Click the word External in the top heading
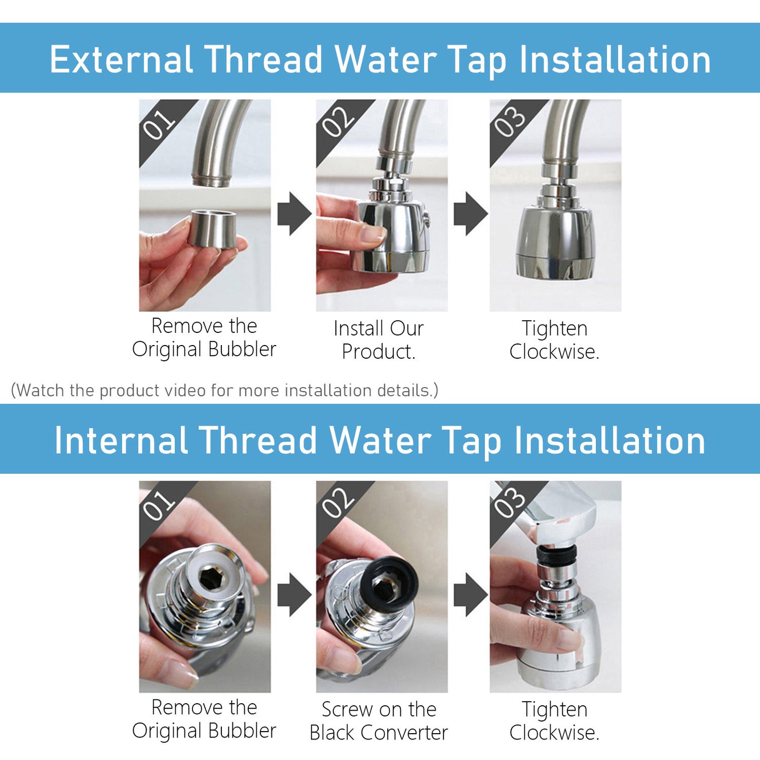(x=121, y=59)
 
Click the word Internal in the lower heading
(x=121, y=440)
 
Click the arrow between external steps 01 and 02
(x=294, y=214)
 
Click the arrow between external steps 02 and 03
(x=470, y=214)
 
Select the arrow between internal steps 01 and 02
(x=294, y=594)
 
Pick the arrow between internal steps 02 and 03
(x=470, y=594)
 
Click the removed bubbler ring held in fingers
(x=212, y=229)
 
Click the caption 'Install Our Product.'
(x=379, y=340)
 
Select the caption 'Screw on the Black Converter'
(x=379, y=721)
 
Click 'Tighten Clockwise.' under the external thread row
(x=554, y=340)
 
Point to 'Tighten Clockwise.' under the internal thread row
(x=554, y=721)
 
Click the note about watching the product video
(x=224, y=390)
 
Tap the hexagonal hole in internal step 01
(x=212, y=578)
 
